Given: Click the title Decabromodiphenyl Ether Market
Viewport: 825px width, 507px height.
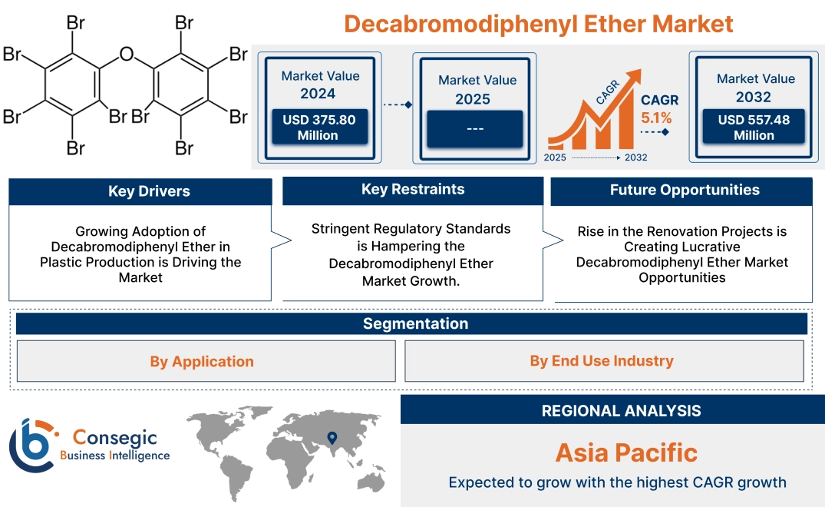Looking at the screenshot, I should (538, 23).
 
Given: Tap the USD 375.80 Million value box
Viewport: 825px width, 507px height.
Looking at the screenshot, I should (318, 128).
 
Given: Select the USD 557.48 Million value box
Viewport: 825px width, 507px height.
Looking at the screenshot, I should (754, 128).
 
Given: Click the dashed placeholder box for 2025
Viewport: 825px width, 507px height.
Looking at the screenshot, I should (474, 129).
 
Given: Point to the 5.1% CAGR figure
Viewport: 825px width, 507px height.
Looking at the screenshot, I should (656, 118).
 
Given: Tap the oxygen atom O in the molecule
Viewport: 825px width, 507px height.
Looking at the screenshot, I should (127, 55).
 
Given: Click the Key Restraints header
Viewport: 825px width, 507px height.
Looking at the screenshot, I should (413, 190).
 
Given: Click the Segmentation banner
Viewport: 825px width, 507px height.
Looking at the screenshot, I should (415, 323).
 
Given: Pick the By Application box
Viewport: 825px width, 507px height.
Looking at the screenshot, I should (202, 361).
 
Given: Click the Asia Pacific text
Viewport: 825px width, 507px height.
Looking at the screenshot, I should (626, 452).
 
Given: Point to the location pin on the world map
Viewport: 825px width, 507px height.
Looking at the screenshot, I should (332, 438).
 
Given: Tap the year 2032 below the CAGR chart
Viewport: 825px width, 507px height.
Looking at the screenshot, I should (635, 157).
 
